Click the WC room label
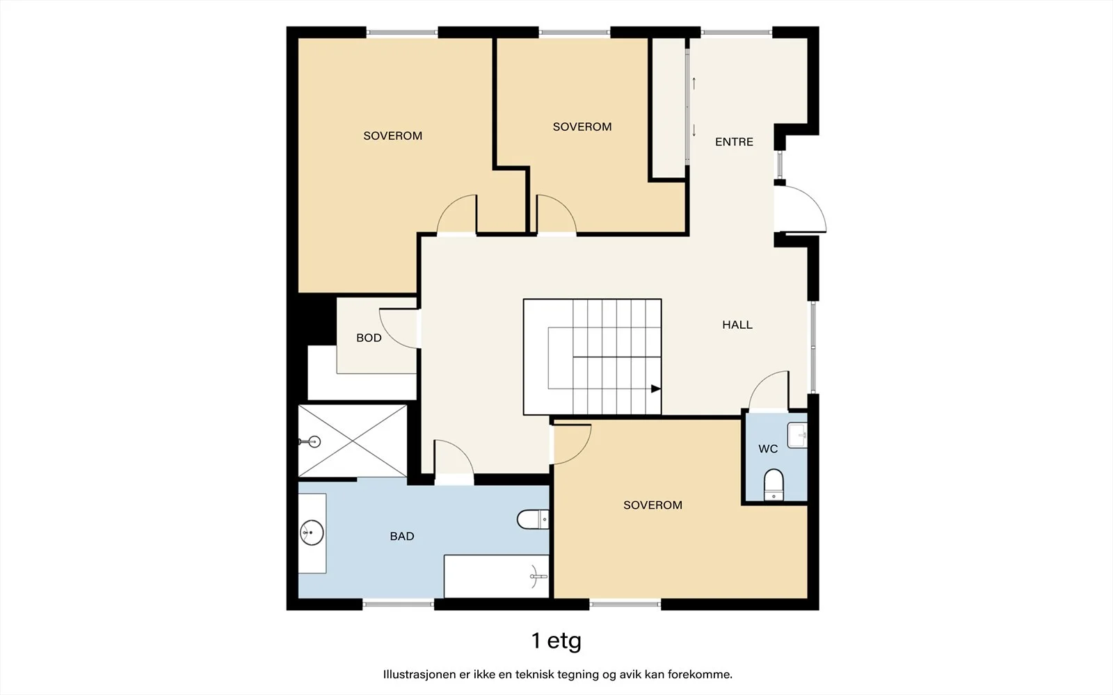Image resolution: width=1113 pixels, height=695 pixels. tap(768, 449)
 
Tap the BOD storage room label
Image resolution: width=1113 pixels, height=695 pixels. tap(369, 338)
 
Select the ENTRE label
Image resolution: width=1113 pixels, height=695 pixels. tap(734, 142)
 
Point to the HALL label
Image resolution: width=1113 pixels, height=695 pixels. tap(737, 325)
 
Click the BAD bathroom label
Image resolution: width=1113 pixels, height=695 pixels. tap(402, 536)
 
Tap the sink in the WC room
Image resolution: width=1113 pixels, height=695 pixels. tap(797, 435)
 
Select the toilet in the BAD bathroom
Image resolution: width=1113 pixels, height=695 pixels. tap(533, 519)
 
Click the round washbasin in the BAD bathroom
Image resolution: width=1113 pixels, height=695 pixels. tap(312, 532)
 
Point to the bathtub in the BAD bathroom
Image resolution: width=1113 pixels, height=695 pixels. tap(497, 576)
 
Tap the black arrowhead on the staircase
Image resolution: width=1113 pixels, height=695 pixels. tap(656, 389)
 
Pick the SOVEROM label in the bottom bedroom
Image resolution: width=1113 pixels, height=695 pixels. tap(652, 505)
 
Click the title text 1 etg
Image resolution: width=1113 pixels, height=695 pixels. tap(556, 641)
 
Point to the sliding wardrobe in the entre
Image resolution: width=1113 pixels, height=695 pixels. tap(669, 108)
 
